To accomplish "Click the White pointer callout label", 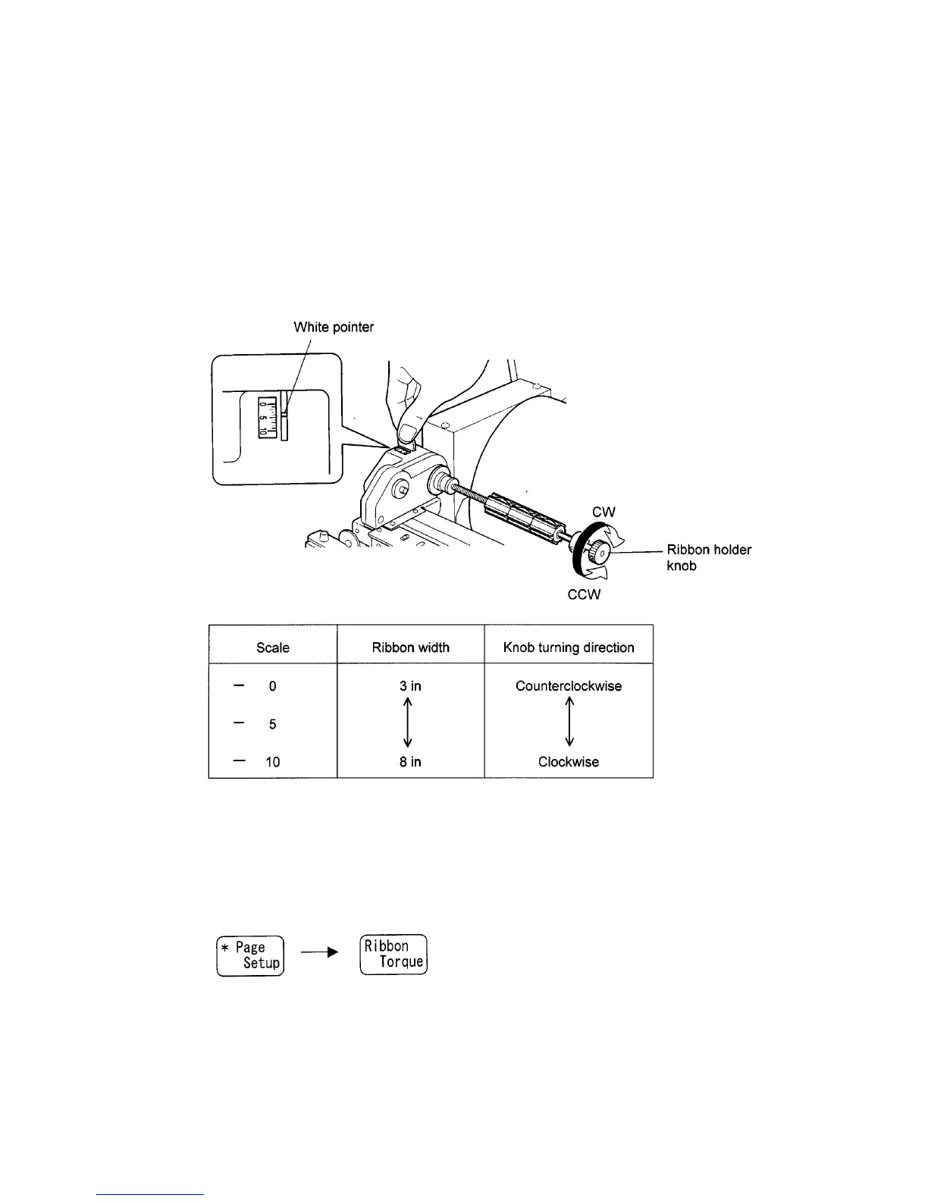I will (x=334, y=328).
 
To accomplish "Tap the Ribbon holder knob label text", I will (x=709, y=557).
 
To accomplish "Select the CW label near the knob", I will (x=604, y=513).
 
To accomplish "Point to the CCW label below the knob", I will (x=584, y=594).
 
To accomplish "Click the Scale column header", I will (x=273, y=648).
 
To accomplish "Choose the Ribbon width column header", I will (x=410, y=648).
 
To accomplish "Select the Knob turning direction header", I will (x=569, y=648).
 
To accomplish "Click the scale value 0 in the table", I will (x=273, y=686).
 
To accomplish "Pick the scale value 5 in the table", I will (x=273, y=724).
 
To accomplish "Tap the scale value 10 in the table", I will (x=273, y=762).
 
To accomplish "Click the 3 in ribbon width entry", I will (x=410, y=686).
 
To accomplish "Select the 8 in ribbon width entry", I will (x=410, y=762).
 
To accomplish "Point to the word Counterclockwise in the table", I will (x=569, y=686).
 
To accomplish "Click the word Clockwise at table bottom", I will (x=569, y=762).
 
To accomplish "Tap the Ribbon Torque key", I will (x=393, y=954).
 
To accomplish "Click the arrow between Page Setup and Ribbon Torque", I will (x=319, y=955).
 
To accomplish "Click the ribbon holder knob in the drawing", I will (x=596, y=553).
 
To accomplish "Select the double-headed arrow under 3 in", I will (x=408, y=723).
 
